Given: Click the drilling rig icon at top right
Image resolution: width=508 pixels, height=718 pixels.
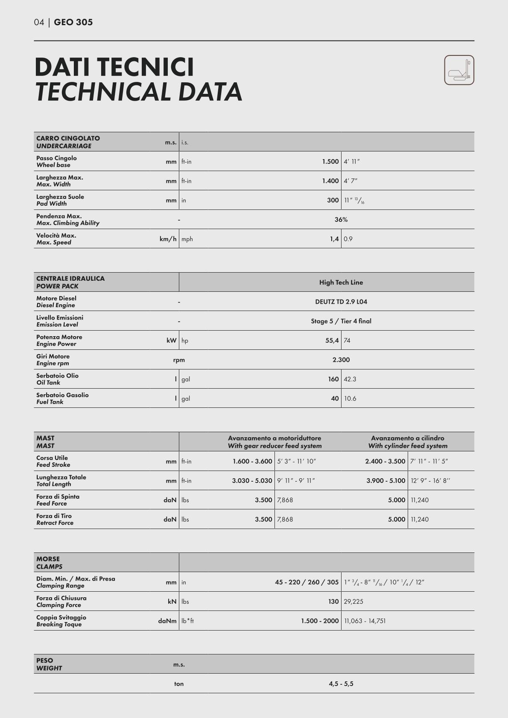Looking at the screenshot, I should [x=459, y=70].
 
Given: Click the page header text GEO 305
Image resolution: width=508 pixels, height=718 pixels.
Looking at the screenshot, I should [x=73, y=22].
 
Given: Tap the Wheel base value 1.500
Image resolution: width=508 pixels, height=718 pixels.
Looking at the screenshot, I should [x=330, y=162].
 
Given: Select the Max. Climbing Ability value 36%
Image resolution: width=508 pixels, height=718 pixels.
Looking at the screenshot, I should [x=341, y=220].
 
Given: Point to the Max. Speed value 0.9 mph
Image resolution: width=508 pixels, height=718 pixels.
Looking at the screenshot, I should [x=348, y=239].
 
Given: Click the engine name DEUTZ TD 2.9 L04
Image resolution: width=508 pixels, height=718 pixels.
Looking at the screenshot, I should [x=341, y=302].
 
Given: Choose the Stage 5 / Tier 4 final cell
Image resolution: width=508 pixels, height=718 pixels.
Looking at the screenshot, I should [x=341, y=321].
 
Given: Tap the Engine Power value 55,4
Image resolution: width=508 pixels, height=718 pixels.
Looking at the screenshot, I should [x=332, y=340].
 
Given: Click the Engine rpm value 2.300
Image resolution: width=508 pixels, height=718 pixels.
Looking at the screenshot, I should [x=341, y=360].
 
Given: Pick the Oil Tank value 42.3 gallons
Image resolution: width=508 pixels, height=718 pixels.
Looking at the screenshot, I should [x=350, y=379].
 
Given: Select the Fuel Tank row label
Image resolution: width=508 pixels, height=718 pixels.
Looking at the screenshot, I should [x=62, y=398].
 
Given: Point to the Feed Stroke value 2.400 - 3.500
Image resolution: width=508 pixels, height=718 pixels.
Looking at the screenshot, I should [x=385, y=461].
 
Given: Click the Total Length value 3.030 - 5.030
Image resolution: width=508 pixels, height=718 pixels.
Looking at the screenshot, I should [x=252, y=481].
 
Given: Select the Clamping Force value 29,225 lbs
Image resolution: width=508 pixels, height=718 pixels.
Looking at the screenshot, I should [x=353, y=602].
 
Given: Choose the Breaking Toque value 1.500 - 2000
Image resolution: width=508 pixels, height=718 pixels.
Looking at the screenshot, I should [x=320, y=621].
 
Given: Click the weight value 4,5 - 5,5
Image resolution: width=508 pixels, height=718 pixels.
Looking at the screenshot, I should [x=341, y=684].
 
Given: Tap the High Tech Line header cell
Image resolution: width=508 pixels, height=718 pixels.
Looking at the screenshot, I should [x=341, y=282].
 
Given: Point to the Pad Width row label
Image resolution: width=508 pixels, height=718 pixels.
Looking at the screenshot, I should [x=60, y=200].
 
